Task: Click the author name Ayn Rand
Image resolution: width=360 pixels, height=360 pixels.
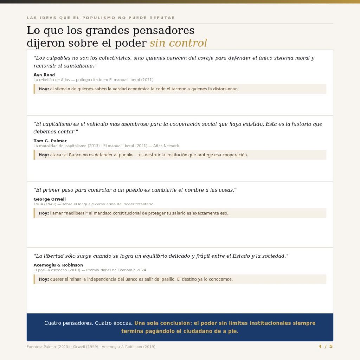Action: (x=44, y=75)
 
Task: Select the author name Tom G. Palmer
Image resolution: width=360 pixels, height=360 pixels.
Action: (x=50, y=141)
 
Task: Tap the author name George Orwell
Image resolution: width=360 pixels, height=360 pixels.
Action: (x=50, y=199)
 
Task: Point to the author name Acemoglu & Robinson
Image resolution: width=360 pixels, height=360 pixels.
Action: (x=58, y=265)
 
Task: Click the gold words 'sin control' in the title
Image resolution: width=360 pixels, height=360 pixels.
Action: (x=178, y=43)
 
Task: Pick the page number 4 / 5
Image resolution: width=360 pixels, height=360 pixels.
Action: (x=326, y=346)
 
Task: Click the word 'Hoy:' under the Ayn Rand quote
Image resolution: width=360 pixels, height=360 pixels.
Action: (x=44, y=89)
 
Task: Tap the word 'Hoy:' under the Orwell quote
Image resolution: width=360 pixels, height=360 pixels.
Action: (x=44, y=213)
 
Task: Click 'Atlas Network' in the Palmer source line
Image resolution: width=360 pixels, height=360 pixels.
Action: (x=166, y=146)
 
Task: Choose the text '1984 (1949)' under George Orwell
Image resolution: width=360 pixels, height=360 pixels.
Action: (x=45, y=204)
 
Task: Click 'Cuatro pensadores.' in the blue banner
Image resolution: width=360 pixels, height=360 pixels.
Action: (x=69, y=323)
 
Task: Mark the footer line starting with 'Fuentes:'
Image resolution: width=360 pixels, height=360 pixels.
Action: (x=91, y=347)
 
